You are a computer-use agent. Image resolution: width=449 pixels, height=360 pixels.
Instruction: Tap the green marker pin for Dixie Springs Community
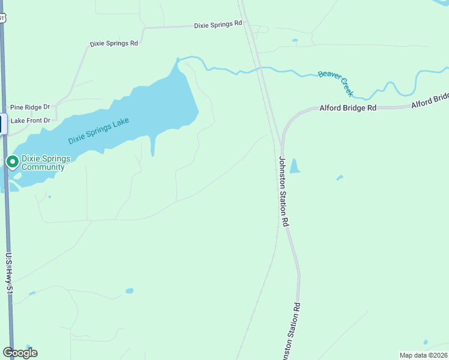pos(13,161)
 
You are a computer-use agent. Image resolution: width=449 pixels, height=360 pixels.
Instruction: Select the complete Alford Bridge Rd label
pos(348,108)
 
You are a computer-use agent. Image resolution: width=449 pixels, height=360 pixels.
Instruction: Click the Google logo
pos(20,353)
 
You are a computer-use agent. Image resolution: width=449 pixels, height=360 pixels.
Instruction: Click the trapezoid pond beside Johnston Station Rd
pos(295,166)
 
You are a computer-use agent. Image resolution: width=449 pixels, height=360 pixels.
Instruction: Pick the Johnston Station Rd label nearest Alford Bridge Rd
pos(283,191)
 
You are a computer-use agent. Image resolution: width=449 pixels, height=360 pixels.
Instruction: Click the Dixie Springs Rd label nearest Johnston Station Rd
pos(217,24)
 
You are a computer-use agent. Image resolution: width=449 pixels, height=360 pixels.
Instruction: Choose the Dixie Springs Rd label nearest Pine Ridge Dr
pos(113,43)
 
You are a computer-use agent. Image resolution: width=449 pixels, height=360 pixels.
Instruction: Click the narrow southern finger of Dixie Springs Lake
pos(152,146)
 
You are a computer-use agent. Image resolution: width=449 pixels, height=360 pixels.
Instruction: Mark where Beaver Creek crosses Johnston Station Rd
pos(261,68)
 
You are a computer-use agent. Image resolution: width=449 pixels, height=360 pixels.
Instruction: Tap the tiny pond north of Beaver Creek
pos(294,40)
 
